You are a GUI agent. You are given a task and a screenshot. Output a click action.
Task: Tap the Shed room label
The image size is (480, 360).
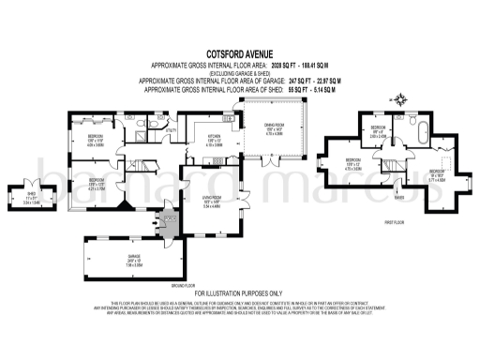31,196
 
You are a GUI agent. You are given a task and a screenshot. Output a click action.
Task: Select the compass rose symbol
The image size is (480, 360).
400,98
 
